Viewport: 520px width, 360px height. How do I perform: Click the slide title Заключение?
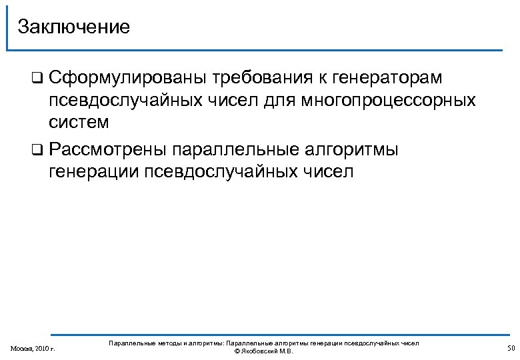(x=73, y=27)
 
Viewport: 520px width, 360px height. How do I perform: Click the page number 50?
(x=511, y=349)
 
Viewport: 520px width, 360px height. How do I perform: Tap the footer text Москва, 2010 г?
(x=33, y=349)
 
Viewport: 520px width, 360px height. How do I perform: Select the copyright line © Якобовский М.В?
(x=263, y=351)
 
